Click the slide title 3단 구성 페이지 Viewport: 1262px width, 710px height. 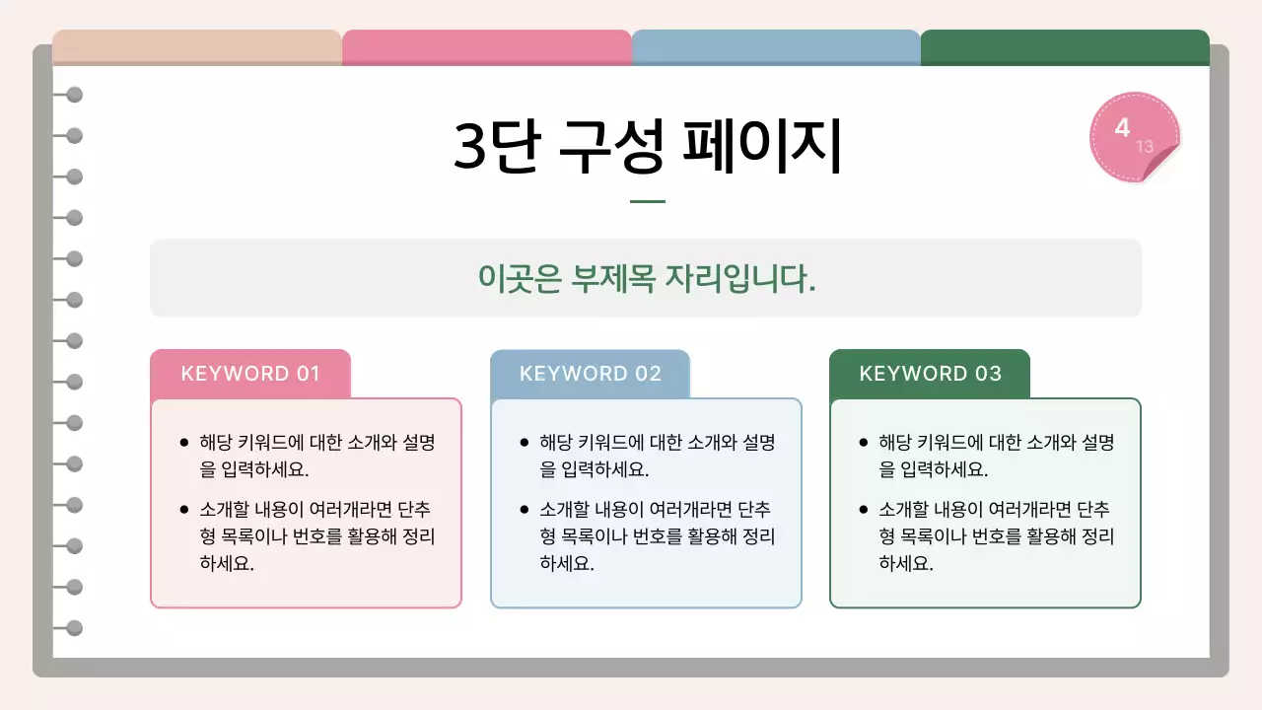(648, 146)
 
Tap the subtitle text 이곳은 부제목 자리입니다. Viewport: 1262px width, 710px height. (647, 278)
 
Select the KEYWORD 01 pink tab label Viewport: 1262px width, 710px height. (250, 374)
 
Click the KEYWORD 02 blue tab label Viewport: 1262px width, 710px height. (590, 374)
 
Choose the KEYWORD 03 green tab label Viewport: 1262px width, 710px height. (930, 374)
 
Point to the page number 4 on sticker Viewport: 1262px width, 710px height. (1122, 127)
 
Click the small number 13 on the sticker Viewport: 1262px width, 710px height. (1144, 147)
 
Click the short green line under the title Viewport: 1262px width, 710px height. (648, 202)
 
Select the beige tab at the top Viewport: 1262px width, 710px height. (197, 47)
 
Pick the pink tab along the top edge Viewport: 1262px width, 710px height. (486, 47)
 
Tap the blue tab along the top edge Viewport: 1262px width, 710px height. (776, 47)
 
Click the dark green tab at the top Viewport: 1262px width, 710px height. (1065, 47)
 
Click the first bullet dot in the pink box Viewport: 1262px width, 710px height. (183, 443)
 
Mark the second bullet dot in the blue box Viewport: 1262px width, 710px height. (524, 511)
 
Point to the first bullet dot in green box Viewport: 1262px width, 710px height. (864, 443)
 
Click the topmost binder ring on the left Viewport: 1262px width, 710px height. (74, 95)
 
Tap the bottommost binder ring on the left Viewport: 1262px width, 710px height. (74, 628)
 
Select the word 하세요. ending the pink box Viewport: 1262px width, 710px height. (227, 564)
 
